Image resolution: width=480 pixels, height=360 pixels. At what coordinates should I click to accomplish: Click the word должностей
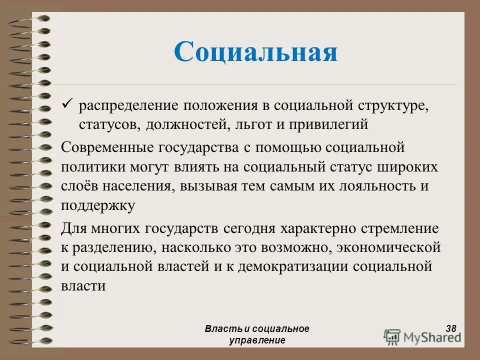click(x=187, y=124)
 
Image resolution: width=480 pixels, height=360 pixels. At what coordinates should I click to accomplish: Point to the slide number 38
click(x=450, y=328)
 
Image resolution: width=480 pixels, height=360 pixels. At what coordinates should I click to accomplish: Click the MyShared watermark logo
click(x=422, y=336)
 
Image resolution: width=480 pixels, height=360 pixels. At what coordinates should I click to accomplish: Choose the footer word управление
click(x=257, y=340)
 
